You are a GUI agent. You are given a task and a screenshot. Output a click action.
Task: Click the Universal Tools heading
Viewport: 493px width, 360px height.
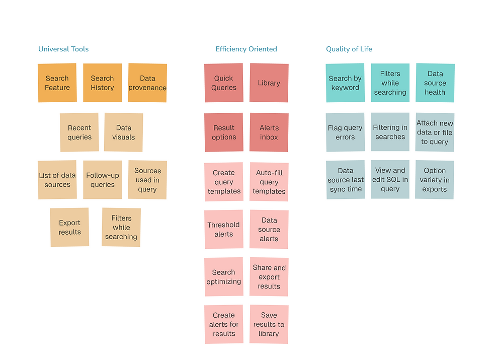tap(63, 49)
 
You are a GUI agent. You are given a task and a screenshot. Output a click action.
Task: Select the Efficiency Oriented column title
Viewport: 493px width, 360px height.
tap(246, 49)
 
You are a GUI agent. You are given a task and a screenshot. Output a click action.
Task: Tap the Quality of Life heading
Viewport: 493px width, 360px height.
tap(349, 49)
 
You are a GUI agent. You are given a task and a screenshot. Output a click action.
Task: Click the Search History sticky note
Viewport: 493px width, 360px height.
tap(103, 83)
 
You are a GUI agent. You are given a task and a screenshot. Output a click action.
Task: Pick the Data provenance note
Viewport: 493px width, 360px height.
tap(147, 83)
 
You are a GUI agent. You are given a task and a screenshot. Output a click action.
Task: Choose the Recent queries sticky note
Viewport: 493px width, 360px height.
tap(79, 132)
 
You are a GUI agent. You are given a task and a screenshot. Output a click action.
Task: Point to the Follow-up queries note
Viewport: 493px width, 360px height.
tap(103, 180)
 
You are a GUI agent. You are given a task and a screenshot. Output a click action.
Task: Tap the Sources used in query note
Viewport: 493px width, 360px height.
tap(147, 180)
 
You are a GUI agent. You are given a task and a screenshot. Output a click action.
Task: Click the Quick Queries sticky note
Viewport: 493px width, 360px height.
tap(224, 83)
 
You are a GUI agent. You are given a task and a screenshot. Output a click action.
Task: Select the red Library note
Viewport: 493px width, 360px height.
tap(269, 83)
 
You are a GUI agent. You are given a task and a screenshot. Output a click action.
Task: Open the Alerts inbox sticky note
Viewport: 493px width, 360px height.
tap(269, 132)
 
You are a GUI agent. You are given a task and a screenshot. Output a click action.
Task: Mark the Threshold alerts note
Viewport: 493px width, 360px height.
tap(224, 229)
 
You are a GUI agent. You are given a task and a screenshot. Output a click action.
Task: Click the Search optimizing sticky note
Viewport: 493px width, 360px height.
tap(224, 276)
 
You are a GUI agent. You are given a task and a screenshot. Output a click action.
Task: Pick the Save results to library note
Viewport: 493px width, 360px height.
tap(269, 324)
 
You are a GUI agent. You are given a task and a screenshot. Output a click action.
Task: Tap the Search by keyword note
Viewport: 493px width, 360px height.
tap(345, 83)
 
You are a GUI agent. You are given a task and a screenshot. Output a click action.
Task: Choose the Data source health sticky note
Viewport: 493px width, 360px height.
tap(435, 83)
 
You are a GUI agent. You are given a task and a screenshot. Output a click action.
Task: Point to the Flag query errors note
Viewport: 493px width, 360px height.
tap(345, 132)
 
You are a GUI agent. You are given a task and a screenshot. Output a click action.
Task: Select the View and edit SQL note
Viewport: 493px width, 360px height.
tap(390, 179)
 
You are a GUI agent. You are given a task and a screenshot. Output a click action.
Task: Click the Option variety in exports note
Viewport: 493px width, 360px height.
tap(435, 180)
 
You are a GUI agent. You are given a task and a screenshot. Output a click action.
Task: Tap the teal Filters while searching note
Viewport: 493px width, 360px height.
tap(390, 83)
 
